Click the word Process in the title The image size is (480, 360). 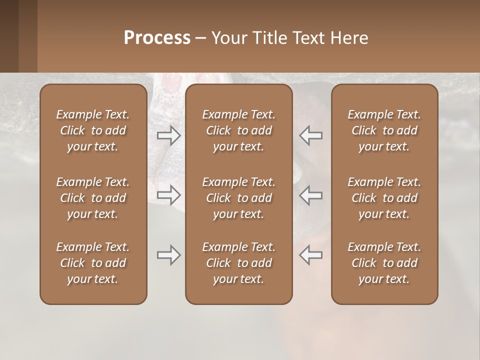[157, 38]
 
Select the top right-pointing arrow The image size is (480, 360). [168, 135]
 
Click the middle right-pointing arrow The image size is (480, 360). [168, 194]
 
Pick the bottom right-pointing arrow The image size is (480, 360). [168, 255]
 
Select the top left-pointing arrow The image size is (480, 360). [310, 135]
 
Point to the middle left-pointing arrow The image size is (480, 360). [310, 194]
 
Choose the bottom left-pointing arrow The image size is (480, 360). [310, 255]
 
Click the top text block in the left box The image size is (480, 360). [93, 130]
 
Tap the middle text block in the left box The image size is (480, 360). [93, 198]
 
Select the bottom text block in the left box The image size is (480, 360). [93, 263]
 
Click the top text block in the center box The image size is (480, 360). [238, 130]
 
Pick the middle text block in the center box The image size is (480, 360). [238, 198]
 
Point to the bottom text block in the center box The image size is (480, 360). [238, 263]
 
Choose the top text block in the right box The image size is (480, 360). [384, 130]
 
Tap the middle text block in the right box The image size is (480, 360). [384, 198]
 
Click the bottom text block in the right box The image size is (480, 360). [384, 263]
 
